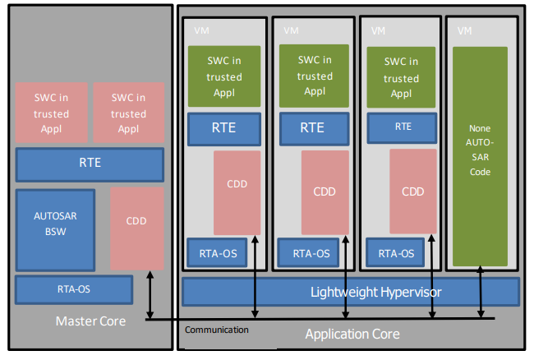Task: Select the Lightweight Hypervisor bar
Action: pyautogui.click(x=351, y=292)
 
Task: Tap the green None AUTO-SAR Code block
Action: pyautogui.click(x=480, y=156)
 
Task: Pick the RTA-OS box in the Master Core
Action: pyautogui.click(x=74, y=289)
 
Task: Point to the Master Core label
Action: pyautogui.click(x=90, y=321)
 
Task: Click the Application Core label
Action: pyautogui.click(x=352, y=334)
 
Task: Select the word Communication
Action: pyautogui.click(x=216, y=330)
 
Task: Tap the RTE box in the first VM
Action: pyautogui.click(x=224, y=128)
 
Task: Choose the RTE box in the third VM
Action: pyautogui.click(x=403, y=127)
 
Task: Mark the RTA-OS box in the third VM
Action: pyautogui.click(x=395, y=253)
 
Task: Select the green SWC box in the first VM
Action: pyautogui.click(x=224, y=76)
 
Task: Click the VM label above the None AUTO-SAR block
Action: pyautogui.click(x=464, y=30)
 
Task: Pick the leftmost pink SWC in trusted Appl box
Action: pyautogui.click(x=51, y=113)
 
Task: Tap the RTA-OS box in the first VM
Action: pyautogui.click(x=218, y=253)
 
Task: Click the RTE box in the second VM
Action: pyautogui.click(x=311, y=127)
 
